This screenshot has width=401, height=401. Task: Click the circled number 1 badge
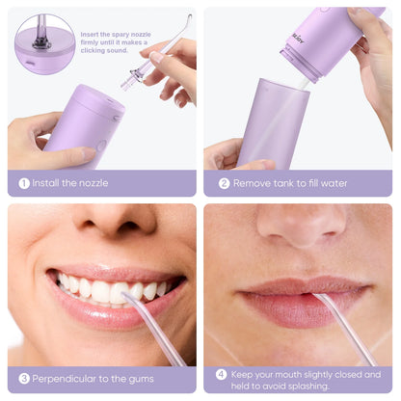tap(24, 183)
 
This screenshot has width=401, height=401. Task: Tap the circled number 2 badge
tap(225, 183)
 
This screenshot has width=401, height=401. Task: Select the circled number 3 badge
tap(24, 379)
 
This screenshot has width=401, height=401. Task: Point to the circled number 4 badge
tap(221, 375)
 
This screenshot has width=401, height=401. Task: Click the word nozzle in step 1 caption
tap(94, 183)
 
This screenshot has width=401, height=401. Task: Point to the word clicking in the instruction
tap(94, 50)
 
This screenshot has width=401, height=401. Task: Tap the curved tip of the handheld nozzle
tap(189, 18)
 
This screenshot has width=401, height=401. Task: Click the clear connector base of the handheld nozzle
tap(131, 79)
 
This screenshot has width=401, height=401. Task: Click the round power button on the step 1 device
tap(100, 146)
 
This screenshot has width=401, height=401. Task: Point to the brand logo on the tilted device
tap(298, 38)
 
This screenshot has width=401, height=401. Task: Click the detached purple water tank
tap(273, 123)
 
